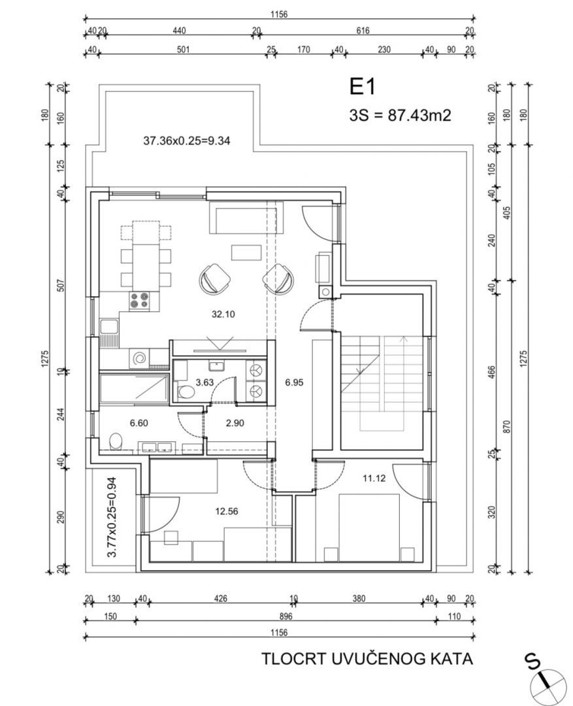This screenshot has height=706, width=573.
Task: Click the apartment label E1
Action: coord(363,86)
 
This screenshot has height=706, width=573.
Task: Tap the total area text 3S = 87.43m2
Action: coord(400,115)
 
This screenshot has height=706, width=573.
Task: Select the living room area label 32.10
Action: coord(223,314)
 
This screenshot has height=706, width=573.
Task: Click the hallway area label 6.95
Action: coord(294,382)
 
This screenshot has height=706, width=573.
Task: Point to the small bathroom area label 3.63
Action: coord(205,382)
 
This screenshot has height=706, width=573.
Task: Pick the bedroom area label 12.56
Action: coord(227,511)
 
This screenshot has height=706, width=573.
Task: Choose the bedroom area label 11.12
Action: coord(374,478)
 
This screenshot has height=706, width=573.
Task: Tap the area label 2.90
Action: coord(235,423)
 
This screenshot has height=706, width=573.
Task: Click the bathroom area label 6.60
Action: coord(139,423)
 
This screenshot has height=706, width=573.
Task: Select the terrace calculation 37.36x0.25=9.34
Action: coord(187,141)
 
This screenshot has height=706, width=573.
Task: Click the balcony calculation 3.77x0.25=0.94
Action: coord(112,517)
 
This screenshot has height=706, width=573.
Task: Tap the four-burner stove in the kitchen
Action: coord(139,300)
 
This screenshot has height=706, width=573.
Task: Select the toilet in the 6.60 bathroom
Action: coord(116,441)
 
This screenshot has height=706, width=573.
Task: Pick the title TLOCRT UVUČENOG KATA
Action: coord(367,659)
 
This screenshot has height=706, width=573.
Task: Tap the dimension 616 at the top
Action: coord(363,31)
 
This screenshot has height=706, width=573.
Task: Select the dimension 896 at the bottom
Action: coord(286,616)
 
